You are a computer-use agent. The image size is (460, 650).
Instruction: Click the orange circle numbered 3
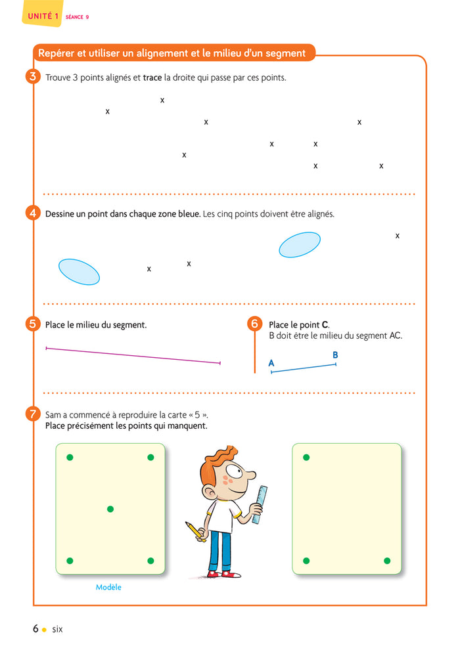click(34, 77)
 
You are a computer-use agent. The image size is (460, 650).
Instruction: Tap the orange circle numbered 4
click(34, 213)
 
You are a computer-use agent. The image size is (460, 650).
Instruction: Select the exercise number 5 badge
click(34, 324)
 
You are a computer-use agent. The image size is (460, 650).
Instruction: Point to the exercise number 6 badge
click(255, 324)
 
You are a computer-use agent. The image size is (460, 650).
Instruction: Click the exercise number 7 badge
click(34, 414)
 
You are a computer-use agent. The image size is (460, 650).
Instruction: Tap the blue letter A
click(271, 363)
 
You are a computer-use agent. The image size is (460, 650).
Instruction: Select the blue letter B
click(335, 355)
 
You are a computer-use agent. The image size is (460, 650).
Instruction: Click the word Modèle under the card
click(108, 588)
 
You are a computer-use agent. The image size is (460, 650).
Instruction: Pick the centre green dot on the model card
click(110, 509)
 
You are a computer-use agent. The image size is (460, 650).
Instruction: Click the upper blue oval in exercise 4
click(300, 245)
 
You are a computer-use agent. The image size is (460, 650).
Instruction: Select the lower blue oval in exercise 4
click(79, 271)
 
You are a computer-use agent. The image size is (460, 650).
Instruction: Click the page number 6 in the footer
click(35, 629)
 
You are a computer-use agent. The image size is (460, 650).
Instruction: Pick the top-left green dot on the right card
click(306, 457)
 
